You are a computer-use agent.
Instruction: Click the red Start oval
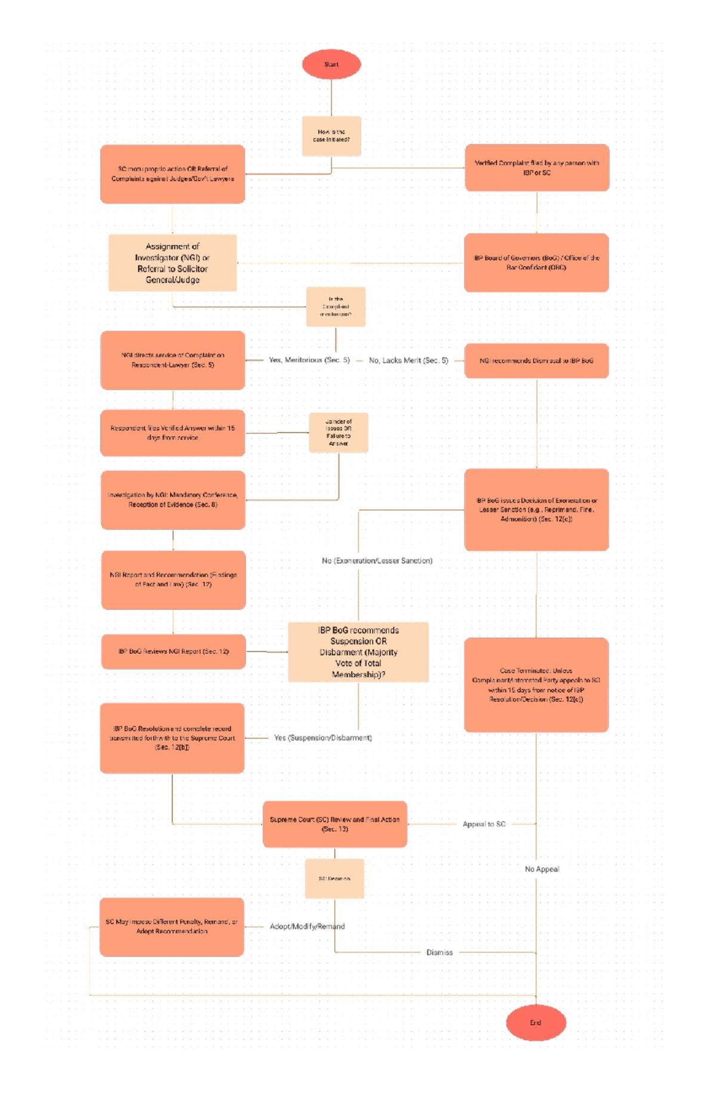click(x=331, y=64)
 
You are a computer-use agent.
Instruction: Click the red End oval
click(x=535, y=1022)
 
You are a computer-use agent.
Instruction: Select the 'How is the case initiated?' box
click(x=331, y=136)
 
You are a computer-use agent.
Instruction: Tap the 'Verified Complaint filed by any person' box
click(x=536, y=168)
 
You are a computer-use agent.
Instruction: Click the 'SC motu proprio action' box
click(x=172, y=174)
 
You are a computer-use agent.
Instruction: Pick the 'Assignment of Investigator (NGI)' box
click(x=172, y=263)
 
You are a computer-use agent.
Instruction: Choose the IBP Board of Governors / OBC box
click(x=536, y=263)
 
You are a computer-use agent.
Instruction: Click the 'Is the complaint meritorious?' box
click(x=335, y=307)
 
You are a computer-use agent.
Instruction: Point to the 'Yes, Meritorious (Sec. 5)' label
click(x=309, y=360)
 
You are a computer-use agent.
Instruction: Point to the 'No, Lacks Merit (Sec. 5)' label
click(x=408, y=360)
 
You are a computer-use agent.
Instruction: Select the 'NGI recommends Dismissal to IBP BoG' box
click(x=536, y=360)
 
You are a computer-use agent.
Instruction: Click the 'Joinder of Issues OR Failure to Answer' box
click(x=338, y=433)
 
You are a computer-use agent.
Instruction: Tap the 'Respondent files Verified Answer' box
click(x=172, y=433)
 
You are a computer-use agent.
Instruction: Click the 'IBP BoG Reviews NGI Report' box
click(x=173, y=651)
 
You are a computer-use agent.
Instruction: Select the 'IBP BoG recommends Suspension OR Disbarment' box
click(x=358, y=652)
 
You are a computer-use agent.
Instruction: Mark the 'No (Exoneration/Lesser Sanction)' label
click(x=376, y=561)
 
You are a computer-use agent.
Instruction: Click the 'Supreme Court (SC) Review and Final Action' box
click(x=335, y=824)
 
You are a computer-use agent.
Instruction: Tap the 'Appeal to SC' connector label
click(x=484, y=824)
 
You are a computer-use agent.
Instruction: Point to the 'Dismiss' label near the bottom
click(x=439, y=952)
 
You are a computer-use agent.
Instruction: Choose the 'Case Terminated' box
click(x=536, y=684)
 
